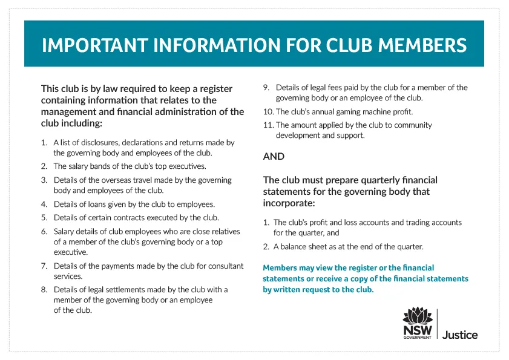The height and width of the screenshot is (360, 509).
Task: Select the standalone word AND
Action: [274, 156]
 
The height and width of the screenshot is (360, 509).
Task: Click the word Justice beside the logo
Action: [460, 335]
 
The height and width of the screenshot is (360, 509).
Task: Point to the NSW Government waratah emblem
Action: [418, 317]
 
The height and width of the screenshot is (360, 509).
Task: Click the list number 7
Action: [44, 266]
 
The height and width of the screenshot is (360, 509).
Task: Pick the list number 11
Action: [268, 125]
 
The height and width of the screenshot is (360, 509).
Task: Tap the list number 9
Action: [266, 88]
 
